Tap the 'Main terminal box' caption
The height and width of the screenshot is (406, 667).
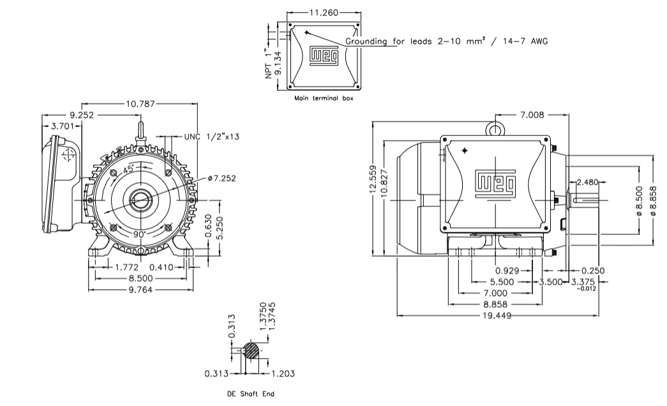(323, 99)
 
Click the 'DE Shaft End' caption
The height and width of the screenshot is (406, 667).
(251, 394)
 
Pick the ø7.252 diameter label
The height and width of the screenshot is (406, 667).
(221, 178)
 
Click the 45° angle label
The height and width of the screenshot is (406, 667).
(128, 169)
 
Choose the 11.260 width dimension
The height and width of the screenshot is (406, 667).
(323, 12)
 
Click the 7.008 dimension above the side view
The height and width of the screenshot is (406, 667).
(533, 115)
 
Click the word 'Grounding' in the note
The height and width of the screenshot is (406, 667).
(366, 41)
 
